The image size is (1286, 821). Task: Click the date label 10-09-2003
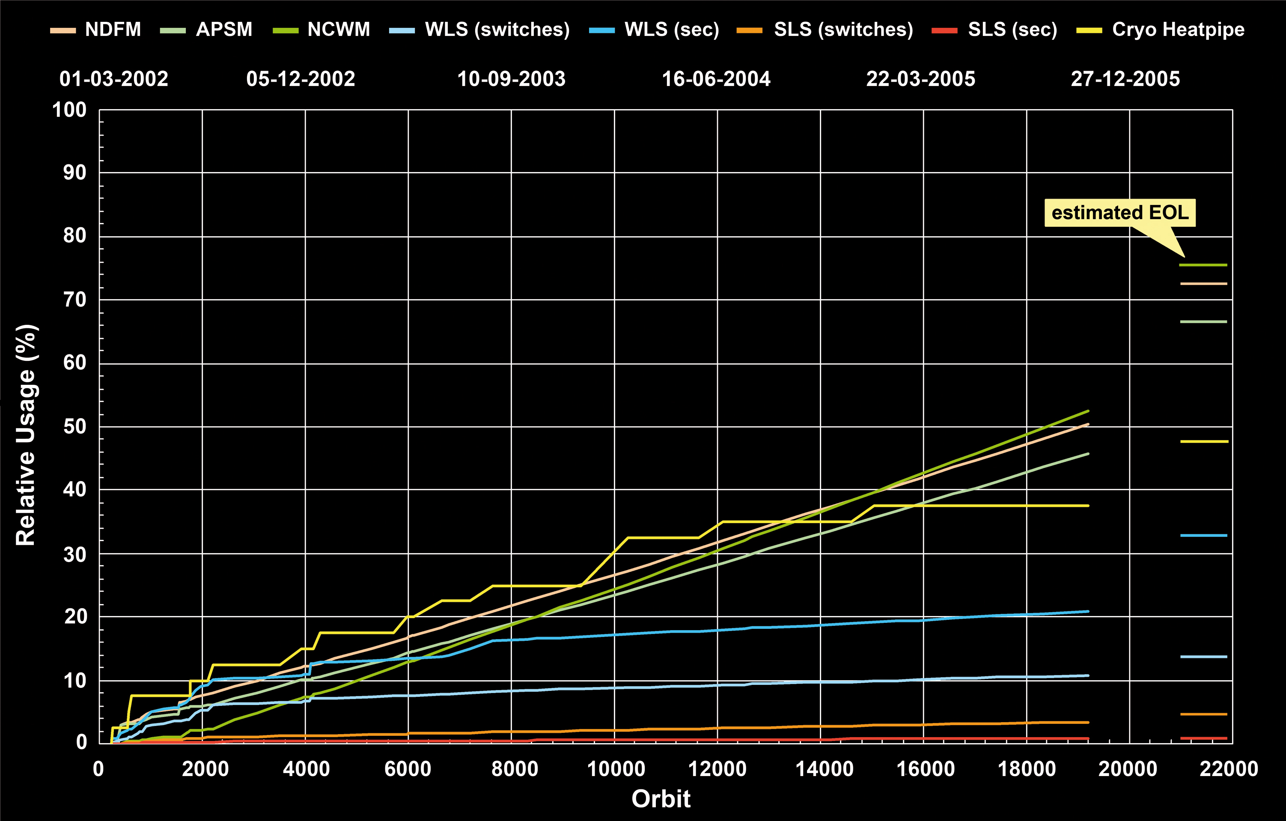[x=511, y=79]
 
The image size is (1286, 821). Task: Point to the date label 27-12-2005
[x=1125, y=79]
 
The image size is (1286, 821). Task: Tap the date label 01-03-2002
[x=114, y=79]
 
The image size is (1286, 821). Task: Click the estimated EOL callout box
[x=1119, y=213]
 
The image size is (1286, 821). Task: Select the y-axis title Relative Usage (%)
[x=26, y=435]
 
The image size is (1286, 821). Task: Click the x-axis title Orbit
[x=661, y=799]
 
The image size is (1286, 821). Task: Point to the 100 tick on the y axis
[x=69, y=110]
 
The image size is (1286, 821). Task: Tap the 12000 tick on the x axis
[x=717, y=769]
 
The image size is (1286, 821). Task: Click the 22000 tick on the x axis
[x=1228, y=769]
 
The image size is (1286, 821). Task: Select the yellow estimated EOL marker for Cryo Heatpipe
[x=1204, y=442]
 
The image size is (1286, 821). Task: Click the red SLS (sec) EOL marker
[x=1204, y=738]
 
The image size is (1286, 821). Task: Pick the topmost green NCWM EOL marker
[x=1204, y=265]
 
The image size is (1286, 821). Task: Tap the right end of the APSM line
[x=1088, y=454]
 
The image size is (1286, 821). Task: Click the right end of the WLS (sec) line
[x=1088, y=612]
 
